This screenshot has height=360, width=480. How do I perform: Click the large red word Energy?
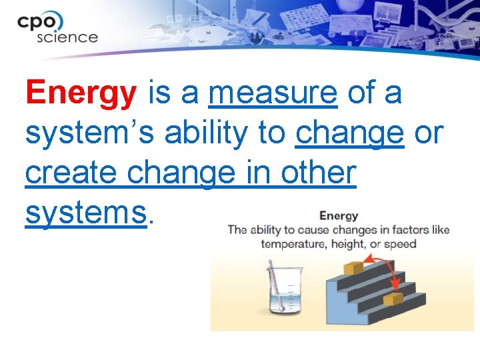click(80, 93)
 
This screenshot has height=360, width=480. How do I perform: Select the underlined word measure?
click(273, 93)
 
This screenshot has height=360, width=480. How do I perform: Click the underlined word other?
click(317, 173)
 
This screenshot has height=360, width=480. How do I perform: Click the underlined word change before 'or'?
click(349, 133)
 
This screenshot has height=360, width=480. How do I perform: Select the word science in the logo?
click(67, 37)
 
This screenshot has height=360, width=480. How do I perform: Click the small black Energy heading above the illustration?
click(339, 215)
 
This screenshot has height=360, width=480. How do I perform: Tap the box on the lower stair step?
click(393, 299)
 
